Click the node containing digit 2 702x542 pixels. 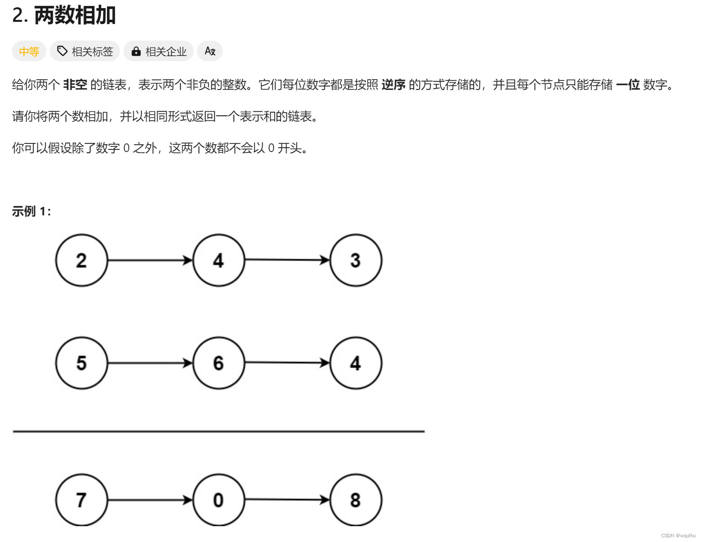(81, 260)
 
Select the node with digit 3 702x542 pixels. (355, 260)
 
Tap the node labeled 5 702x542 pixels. (81, 363)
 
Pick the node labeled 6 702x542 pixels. (218, 363)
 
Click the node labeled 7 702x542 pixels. (81, 500)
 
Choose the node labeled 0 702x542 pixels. (218, 500)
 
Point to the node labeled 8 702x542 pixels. (355, 500)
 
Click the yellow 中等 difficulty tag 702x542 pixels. (29, 51)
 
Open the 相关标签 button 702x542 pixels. (85, 51)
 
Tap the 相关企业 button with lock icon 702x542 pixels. (158, 51)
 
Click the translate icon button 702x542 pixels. (210, 51)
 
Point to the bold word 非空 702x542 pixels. (75, 85)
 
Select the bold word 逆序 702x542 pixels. (393, 85)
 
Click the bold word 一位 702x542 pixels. (627, 85)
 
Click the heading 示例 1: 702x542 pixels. (31, 211)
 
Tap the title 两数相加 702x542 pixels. (75, 15)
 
